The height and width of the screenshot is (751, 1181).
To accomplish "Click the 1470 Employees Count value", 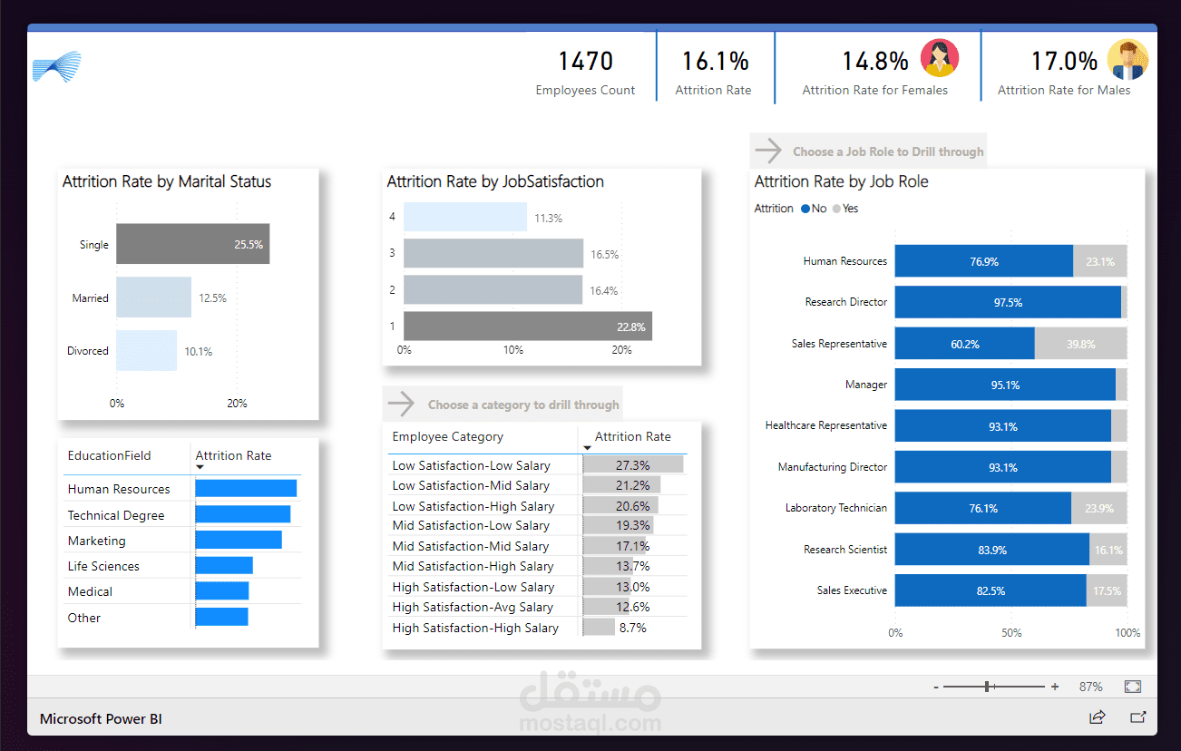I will tap(585, 62).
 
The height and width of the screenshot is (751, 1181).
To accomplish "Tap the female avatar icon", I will tap(940, 59).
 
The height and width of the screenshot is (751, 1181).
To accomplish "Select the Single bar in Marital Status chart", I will tap(192, 244).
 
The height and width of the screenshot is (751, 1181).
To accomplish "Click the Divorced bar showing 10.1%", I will tap(146, 351).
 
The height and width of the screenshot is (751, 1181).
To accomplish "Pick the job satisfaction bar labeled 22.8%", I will tap(527, 327).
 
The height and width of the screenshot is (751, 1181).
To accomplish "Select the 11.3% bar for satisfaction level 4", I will tap(464, 218).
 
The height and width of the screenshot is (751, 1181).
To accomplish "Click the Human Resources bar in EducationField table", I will tap(246, 489).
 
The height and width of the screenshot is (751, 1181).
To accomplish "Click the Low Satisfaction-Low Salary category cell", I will tap(471, 465).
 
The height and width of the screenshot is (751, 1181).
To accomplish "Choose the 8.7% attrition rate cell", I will tap(633, 628).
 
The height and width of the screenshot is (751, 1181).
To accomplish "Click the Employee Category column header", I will tap(447, 437).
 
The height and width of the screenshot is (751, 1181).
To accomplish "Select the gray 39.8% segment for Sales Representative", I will tap(1080, 344).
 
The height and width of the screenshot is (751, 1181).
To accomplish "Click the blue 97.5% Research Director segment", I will tap(1008, 303).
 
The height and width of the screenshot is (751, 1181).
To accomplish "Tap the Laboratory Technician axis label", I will tap(835, 508).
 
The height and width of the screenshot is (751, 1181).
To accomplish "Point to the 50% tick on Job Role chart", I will tap(1011, 632).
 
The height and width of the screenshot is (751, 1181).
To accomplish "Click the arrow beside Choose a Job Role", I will tap(768, 151).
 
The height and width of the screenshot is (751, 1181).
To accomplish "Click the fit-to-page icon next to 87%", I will tap(1132, 687).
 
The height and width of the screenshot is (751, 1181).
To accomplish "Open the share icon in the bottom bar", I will tap(1098, 717).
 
